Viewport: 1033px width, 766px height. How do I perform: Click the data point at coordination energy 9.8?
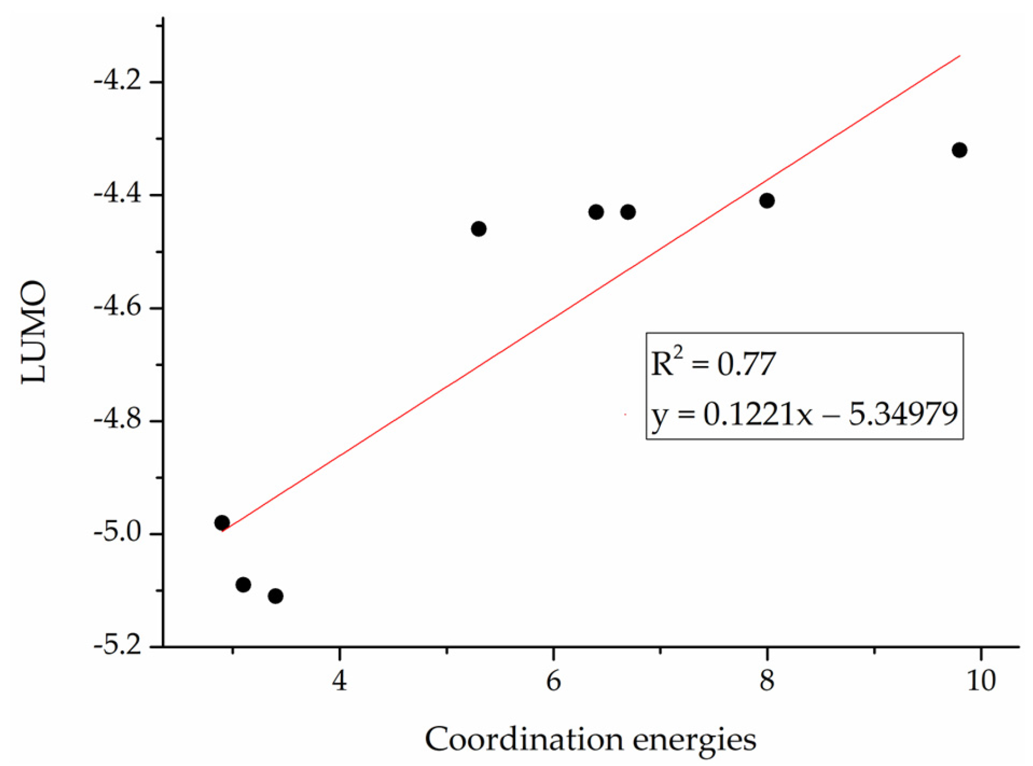(959, 150)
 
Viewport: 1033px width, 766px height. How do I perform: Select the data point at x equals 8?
(767, 201)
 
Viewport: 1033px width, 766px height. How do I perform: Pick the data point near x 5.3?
(479, 229)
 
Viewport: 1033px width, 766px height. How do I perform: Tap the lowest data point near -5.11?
(275, 596)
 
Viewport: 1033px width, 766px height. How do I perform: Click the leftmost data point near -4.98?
(222, 523)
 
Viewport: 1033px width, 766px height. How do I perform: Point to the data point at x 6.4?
(596, 212)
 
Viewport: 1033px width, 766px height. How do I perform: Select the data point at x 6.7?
(628, 212)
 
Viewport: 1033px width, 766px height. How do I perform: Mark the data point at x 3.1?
(243, 585)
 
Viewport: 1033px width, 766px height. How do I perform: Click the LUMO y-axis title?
(33, 332)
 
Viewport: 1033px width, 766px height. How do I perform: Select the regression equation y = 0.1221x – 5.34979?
(804, 414)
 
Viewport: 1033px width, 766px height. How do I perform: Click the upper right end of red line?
(959, 56)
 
